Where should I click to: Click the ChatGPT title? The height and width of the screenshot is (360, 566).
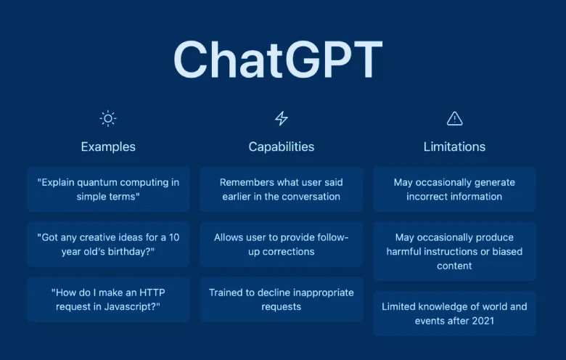[277, 59]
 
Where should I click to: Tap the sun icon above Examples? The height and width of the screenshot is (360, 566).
[108, 118]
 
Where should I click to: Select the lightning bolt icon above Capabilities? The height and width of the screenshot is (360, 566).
[281, 118]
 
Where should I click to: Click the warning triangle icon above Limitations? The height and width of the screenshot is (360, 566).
[454, 118]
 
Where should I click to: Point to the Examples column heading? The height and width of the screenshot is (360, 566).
[108, 147]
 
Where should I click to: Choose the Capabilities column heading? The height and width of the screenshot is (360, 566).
[281, 147]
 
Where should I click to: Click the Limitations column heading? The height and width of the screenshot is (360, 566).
[454, 147]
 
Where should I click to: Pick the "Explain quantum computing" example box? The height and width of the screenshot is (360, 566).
[108, 189]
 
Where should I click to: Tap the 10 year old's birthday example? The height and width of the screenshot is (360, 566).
[108, 245]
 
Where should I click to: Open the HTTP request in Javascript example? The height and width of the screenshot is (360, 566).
[108, 300]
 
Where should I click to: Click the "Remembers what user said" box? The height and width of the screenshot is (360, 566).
[281, 189]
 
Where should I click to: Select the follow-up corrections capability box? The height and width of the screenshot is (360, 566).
[281, 245]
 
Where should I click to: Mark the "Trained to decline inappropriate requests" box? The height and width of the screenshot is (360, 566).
[281, 300]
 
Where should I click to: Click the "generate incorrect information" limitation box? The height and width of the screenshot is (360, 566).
[454, 189]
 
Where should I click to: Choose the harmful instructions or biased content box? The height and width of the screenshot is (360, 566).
[454, 251]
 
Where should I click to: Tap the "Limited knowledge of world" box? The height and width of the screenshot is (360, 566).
[454, 314]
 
